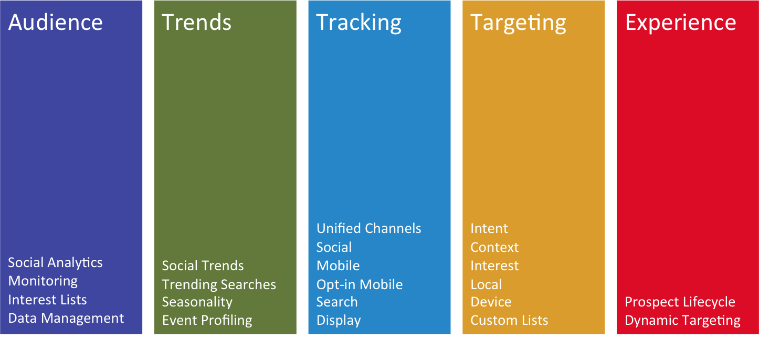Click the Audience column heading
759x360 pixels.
[55, 23]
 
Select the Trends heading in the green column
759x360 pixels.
[196, 23]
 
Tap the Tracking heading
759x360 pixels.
[359, 24]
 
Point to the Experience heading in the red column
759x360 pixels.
[680, 24]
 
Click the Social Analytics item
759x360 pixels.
[55, 263]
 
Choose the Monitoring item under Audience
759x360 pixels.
[43, 282]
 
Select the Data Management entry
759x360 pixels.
[66, 319]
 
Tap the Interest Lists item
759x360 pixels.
[47, 300]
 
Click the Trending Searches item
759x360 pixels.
[219, 285]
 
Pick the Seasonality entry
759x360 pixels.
[197, 302]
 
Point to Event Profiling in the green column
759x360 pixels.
[207, 321]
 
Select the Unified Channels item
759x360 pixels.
[368, 229]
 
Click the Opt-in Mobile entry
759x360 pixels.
[360, 285]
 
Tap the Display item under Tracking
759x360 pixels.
[339, 321]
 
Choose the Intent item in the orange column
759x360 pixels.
[489, 229]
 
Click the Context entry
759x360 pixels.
[494, 248]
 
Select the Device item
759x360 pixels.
[491, 302]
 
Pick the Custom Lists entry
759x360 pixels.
[509, 321]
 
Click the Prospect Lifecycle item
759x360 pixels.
[680, 302]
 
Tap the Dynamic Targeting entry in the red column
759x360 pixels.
[683, 321]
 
